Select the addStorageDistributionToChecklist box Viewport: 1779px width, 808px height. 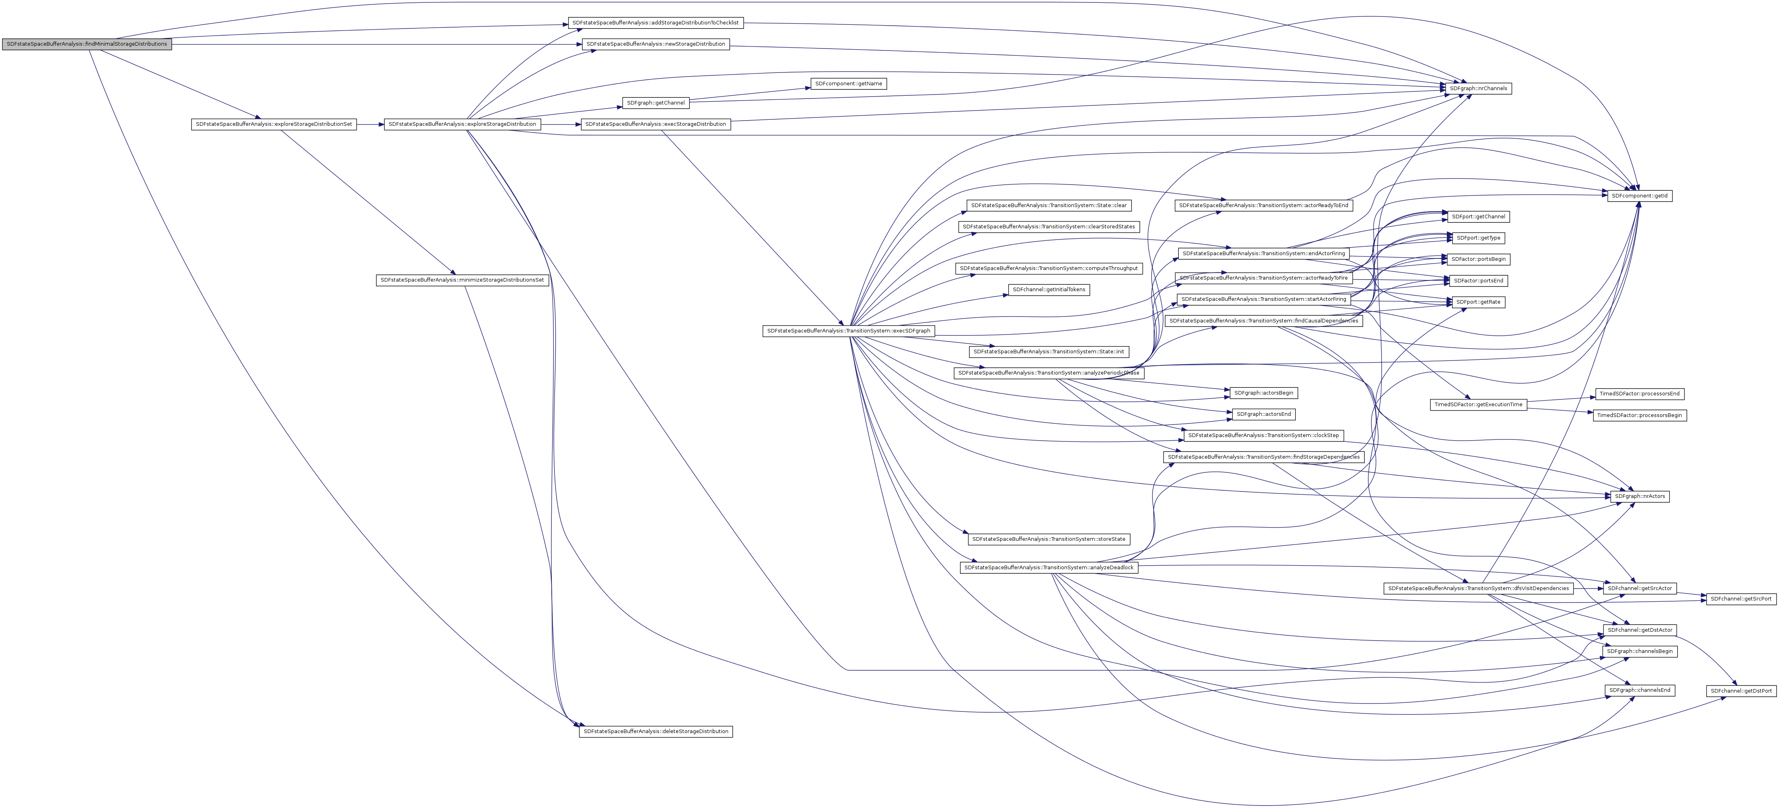point(655,23)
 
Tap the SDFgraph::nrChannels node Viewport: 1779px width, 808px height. point(1478,89)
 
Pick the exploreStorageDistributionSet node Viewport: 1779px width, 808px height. point(274,124)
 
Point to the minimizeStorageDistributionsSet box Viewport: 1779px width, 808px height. point(462,280)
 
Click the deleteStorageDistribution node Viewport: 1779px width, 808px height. point(656,731)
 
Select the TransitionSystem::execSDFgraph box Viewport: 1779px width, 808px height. point(848,331)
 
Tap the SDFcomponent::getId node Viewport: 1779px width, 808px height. point(1640,196)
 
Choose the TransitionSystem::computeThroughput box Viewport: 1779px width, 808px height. point(1048,268)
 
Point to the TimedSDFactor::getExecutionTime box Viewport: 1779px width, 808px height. point(1478,405)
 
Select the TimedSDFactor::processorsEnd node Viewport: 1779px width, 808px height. point(1639,394)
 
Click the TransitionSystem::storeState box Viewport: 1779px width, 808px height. point(1048,539)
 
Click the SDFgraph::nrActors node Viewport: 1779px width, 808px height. point(1640,497)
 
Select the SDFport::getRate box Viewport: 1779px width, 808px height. point(1478,302)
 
